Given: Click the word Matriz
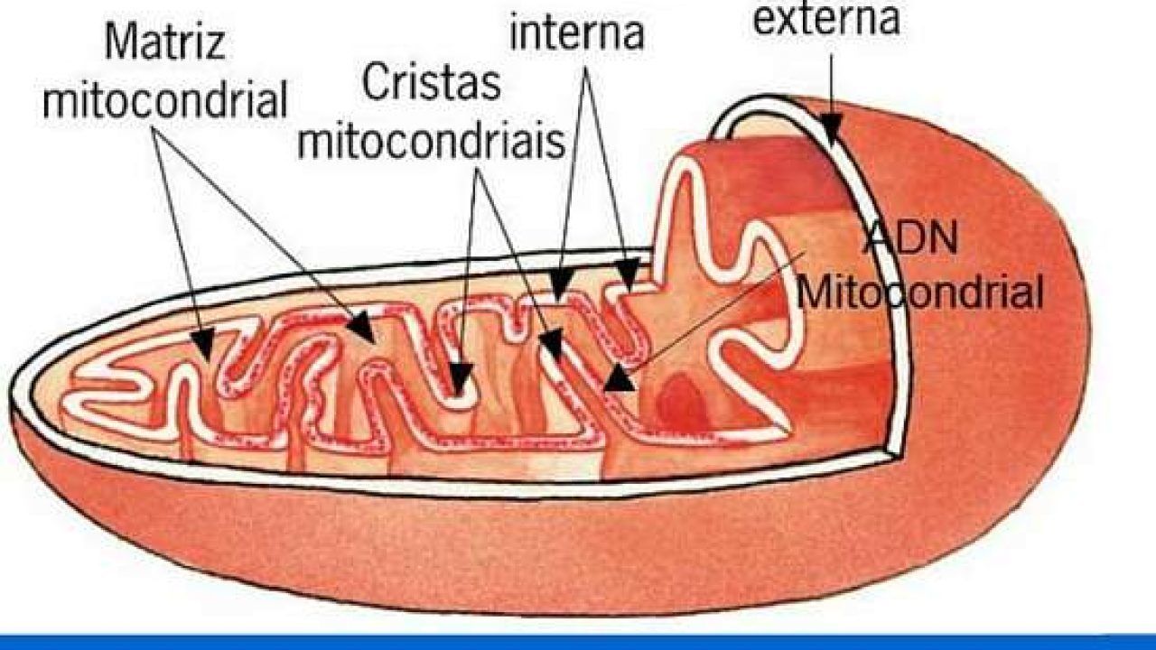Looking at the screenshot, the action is coord(165,42).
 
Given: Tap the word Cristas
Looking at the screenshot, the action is coord(432,82).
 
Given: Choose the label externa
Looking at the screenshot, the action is coord(826,19).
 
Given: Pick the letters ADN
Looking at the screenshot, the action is coord(909,237).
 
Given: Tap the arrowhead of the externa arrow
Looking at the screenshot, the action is coord(831,129).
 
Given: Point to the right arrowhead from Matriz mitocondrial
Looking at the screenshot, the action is coord(361,327).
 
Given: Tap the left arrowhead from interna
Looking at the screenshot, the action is coord(561,284).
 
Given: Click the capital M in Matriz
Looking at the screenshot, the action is coord(120,42).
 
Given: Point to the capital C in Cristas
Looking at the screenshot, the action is coord(375,82).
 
